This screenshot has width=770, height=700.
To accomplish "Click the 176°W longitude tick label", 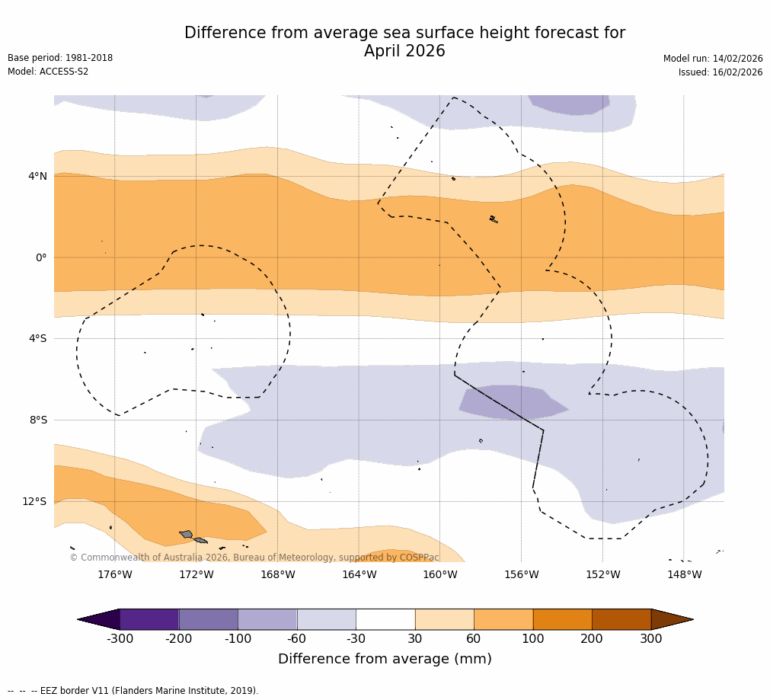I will [x=114, y=575].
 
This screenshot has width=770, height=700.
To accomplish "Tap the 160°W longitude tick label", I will [x=440, y=575].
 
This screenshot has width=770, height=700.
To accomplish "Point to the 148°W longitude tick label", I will [x=684, y=575].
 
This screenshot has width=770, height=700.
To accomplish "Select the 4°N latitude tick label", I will [x=37, y=177].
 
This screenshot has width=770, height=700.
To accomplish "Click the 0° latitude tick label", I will [x=41, y=257].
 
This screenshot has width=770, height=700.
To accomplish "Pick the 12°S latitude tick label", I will [x=34, y=501].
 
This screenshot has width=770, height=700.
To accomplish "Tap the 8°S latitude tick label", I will [x=37, y=420].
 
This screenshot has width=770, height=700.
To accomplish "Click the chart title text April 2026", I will [x=404, y=52].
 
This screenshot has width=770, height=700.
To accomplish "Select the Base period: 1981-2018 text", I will [x=60, y=58].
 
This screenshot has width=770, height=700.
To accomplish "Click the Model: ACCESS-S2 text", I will [x=48, y=72].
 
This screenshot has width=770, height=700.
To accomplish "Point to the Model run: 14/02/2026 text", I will [x=712, y=59].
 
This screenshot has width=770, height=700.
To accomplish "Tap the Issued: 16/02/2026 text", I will [x=720, y=72].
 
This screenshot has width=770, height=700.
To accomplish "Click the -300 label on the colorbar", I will [x=120, y=639].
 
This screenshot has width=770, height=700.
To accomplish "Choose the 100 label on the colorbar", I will [x=532, y=639].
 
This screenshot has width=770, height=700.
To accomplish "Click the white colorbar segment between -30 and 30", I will [x=385, y=619].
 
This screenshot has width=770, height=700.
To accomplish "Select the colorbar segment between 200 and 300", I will [x=621, y=619].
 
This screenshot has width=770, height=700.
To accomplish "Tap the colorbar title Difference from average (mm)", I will [x=385, y=660].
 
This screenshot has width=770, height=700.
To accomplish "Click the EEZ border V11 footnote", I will [x=133, y=691].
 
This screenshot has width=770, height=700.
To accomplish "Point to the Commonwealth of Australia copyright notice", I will [x=254, y=558].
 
